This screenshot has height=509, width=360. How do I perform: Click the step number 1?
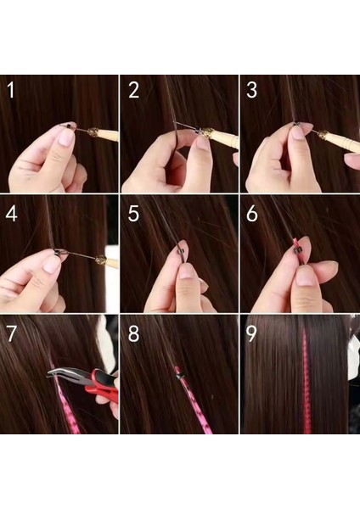point(12,90)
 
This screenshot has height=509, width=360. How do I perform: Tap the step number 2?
point(134,90)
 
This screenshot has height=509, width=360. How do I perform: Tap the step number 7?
point(12,333)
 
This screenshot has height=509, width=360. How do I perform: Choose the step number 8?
point(134,333)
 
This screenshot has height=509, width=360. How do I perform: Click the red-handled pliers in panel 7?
point(98,382)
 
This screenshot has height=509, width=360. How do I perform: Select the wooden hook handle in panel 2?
point(217,136)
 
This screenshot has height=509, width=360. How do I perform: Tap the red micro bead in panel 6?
point(297,247)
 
